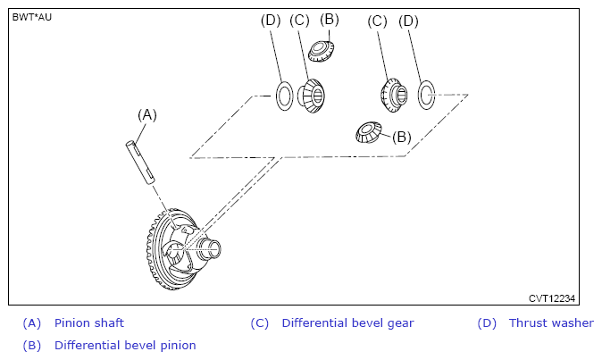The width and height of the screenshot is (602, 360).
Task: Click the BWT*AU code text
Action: pyautogui.click(x=32, y=17)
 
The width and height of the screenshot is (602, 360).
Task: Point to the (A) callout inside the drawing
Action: pyautogui.click(x=146, y=114)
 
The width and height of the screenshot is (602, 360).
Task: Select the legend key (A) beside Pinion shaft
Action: pyautogui.click(x=32, y=323)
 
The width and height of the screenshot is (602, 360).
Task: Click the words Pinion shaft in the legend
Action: pyautogui.click(x=88, y=323)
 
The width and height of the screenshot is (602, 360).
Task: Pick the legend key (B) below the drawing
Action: pyautogui.click(x=32, y=345)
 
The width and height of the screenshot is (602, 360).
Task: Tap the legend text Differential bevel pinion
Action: pyautogui.click(x=125, y=345)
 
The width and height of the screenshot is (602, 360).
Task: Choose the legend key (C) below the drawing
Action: pyautogui.click(x=260, y=323)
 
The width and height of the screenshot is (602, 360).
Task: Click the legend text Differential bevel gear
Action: pyautogui.click(x=347, y=323)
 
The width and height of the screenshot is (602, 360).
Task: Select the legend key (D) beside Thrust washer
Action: pyautogui.click(x=487, y=323)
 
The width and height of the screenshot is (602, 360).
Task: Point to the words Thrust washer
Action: pyautogui.click(x=551, y=323)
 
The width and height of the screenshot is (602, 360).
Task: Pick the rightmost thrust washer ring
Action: pyautogui.click(x=427, y=92)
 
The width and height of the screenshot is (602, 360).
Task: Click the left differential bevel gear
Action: pyautogui.click(x=313, y=94)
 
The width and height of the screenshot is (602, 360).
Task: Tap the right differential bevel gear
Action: pyautogui.click(x=392, y=93)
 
